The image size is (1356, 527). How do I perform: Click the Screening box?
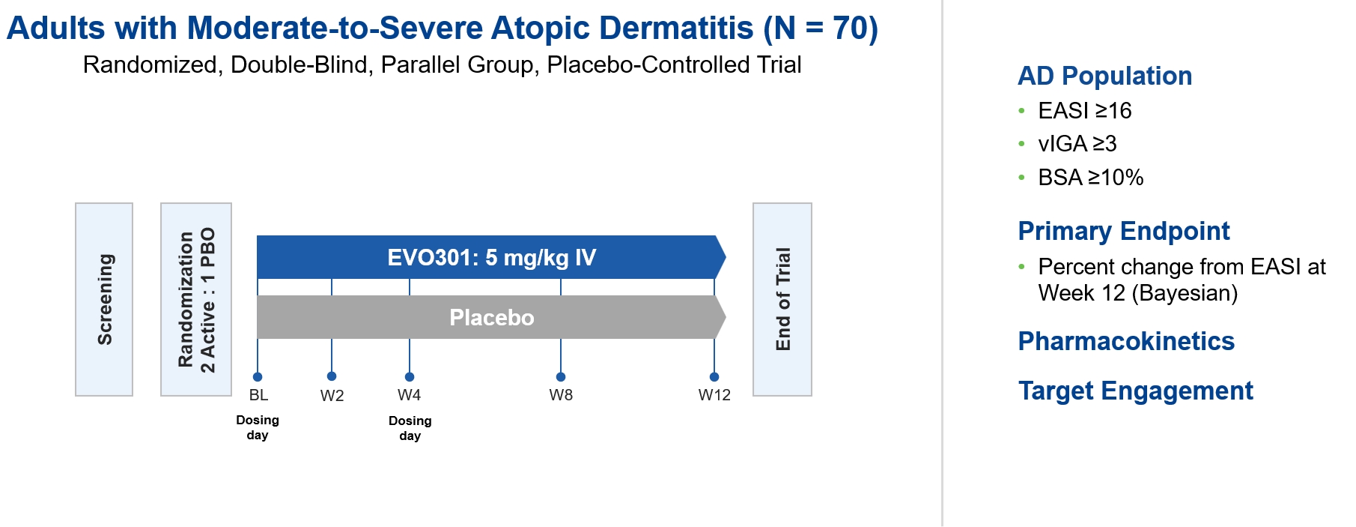point(104,299)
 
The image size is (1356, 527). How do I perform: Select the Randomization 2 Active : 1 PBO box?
point(196,299)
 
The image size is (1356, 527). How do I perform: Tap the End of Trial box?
point(782,299)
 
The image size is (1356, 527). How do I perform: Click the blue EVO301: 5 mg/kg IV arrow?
point(491,257)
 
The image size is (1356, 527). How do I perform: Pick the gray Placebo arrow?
point(491,317)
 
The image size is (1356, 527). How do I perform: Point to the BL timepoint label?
point(258,395)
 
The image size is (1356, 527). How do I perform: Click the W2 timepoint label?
point(332,396)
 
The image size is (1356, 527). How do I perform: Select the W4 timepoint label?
point(409,395)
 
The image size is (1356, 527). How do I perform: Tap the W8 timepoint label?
point(561,395)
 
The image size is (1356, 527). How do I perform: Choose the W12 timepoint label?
point(714,395)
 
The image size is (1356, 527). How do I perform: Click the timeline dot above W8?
point(561,377)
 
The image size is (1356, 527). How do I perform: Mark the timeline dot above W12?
point(714,377)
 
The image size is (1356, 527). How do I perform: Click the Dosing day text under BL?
point(258,427)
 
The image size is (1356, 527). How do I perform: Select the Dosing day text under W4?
point(410,428)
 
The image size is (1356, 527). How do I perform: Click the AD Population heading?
point(1105,76)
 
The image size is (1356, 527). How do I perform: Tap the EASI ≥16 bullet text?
point(1085,111)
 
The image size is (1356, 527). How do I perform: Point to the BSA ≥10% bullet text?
point(1091,178)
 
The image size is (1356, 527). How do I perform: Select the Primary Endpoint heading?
point(1124,231)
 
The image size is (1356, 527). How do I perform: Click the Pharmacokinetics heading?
point(1126,341)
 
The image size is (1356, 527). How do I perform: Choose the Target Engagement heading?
point(1136,391)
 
